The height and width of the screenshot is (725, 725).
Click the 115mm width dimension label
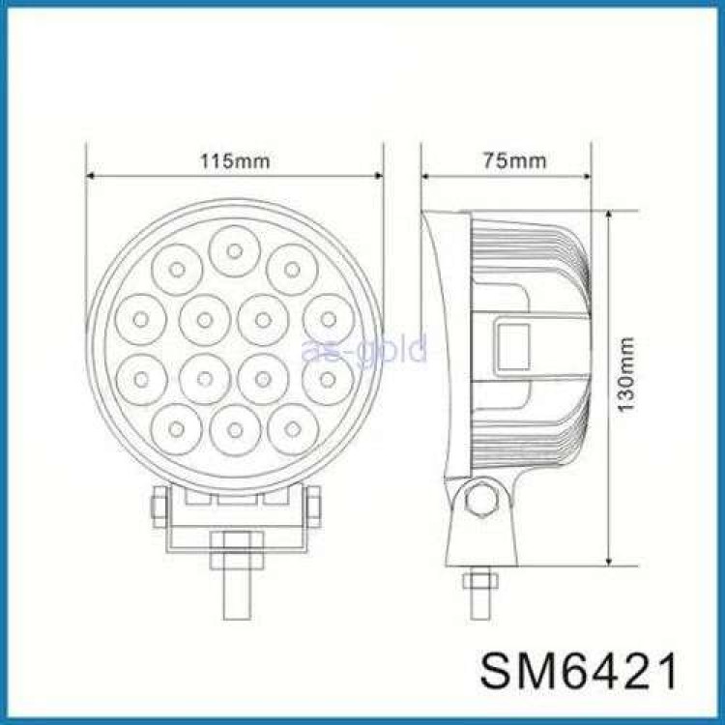click(x=235, y=160)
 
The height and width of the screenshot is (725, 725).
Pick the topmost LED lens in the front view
click(x=234, y=249)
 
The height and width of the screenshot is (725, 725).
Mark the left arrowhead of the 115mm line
click(x=92, y=176)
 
